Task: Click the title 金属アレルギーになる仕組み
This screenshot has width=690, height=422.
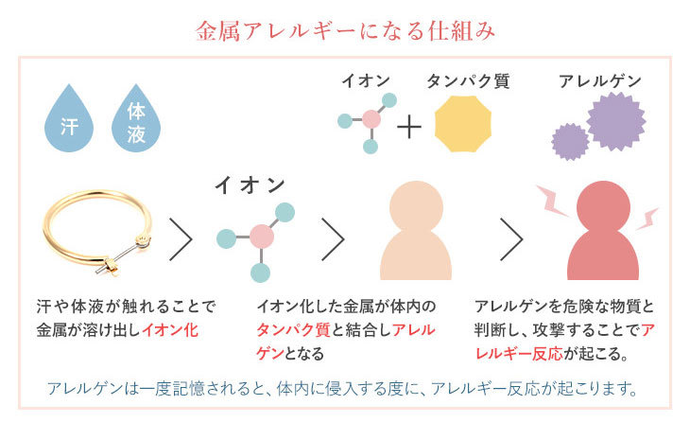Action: [x=345, y=30]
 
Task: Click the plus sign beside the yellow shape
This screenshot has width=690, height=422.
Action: [x=408, y=125]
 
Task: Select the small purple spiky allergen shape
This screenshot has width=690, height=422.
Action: [x=569, y=142]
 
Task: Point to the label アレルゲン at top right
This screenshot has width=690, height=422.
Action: [x=599, y=81]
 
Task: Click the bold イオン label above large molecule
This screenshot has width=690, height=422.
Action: [x=250, y=184]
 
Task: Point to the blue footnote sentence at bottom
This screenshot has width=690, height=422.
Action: [x=344, y=389]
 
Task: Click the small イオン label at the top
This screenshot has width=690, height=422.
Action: [x=366, y=81]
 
